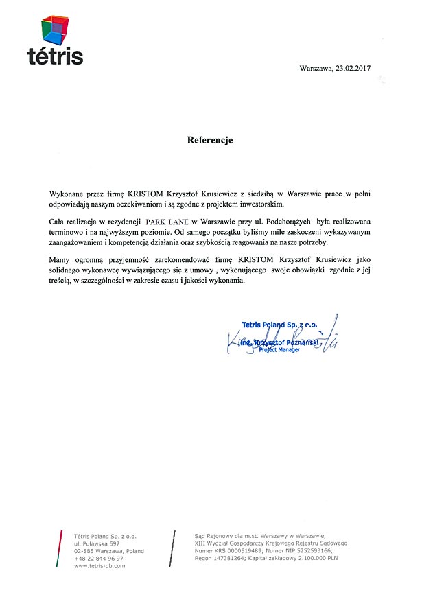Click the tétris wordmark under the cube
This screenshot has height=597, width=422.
[x=55, y=56]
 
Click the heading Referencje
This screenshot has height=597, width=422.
[x=210, y=140]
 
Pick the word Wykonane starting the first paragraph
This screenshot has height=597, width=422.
[x=71, y=195]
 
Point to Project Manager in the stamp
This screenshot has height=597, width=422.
[x=279, y=349]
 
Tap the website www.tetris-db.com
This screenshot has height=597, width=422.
[x=99, y=567]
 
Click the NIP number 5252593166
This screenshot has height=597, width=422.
[x=313, y=550]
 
